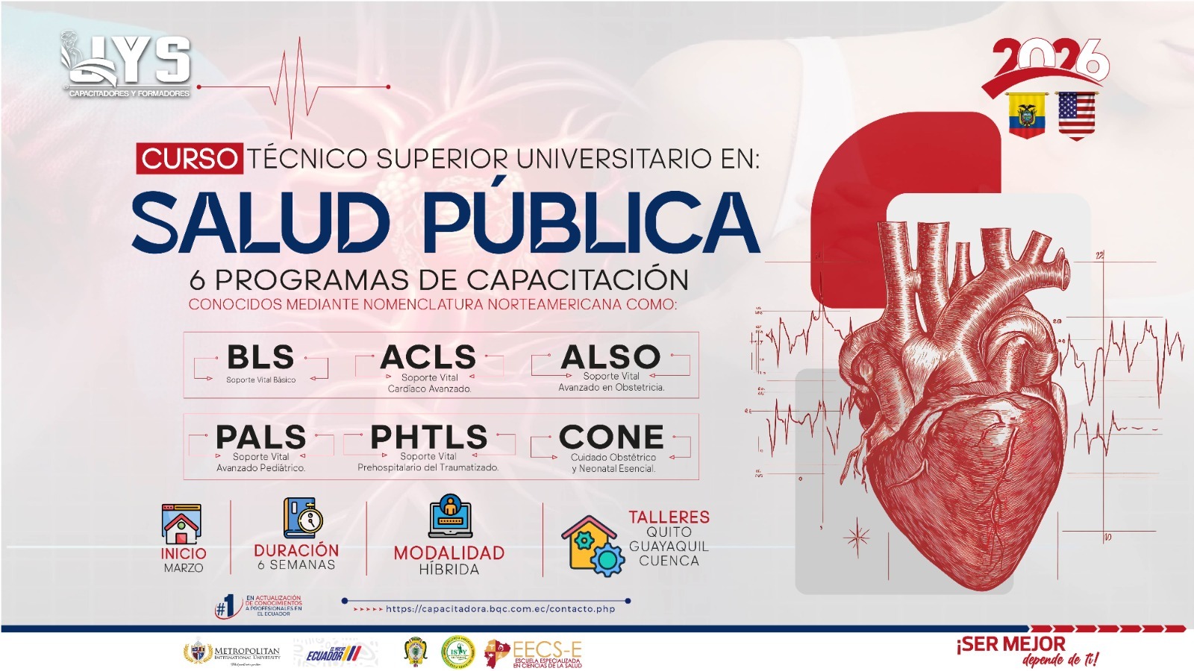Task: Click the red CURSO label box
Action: (190, 159)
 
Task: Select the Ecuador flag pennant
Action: (1027, 115)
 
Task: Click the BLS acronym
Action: (260, 357)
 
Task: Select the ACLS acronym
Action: (428, 357)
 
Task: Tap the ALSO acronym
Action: (611, 356)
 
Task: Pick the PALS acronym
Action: (260, 437)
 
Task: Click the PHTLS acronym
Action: (429, 437)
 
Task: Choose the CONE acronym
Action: (612, 437)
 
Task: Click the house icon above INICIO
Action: (181, 523)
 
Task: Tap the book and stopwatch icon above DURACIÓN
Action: (302, 518)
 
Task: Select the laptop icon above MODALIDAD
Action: (450, 516)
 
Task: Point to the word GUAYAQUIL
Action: (669, 546)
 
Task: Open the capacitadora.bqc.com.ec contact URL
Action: (500, 609)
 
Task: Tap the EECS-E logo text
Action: (546, 651)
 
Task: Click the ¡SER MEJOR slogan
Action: (1011, 644)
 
